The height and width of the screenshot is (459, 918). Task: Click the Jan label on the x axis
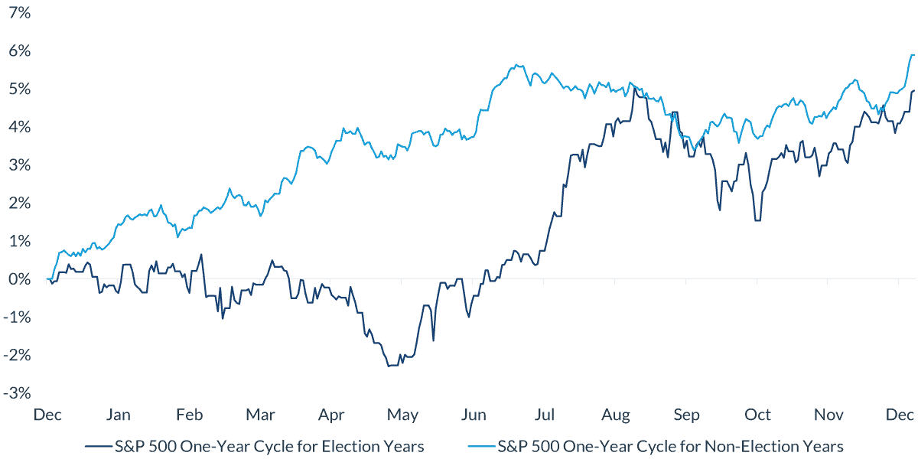click(x=119, y=415)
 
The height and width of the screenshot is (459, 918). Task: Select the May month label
click(x=402, y=415)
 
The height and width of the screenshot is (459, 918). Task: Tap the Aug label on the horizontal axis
click(x=616, y=415)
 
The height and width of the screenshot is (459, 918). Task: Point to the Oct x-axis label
click(x=757, y=415)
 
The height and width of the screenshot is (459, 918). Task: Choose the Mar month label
click(x=261, y=415)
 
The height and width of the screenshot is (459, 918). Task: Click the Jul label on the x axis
click(x=545, y=415)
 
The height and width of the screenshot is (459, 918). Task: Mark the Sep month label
click(x=687, y=415)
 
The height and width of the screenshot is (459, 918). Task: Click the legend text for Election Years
click(x=268, y=446)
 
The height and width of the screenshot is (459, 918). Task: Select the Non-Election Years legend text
click(x=670, y=446)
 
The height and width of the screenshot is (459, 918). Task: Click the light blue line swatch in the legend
click(x=479, y=446)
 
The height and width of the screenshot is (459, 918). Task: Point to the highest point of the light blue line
click(x=912, y=54)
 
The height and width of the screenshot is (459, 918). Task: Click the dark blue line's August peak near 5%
click(x=634, y=88)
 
